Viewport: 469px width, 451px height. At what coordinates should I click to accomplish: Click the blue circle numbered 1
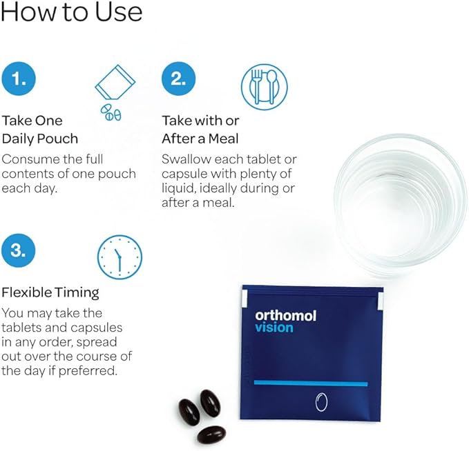tap(19, 79)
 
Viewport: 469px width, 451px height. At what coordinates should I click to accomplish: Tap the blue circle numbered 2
tap(179, 79)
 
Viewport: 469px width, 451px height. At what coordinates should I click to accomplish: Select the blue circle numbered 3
tap(19, 250)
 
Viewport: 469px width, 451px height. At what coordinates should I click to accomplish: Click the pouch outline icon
tap(115, 82)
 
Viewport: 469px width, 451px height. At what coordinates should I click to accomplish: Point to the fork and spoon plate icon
tap(264, 87)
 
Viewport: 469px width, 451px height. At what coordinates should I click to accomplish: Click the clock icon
tap(119, 257)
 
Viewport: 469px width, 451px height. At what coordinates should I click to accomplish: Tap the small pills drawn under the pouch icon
tap(111, 112)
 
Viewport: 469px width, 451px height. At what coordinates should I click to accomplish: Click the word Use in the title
tap(118, 12)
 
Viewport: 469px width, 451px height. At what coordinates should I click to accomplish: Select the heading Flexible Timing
tap(50, 292)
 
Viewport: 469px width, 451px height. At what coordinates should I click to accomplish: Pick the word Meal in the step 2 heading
tap(224, 139)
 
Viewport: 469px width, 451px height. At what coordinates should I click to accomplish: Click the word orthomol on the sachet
tap(286, 316)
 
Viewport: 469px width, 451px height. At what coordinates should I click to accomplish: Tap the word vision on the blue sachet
tap(274, 328)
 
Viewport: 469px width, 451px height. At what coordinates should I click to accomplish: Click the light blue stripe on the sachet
tap(311, 383)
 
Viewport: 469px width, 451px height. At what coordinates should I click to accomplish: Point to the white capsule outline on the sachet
tap(322, 402)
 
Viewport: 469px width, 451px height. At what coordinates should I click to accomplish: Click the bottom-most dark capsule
tap(211, 434)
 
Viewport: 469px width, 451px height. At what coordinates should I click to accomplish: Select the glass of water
tap(401, 203)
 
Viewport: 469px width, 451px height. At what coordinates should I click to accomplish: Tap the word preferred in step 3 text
tap(87, 371)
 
